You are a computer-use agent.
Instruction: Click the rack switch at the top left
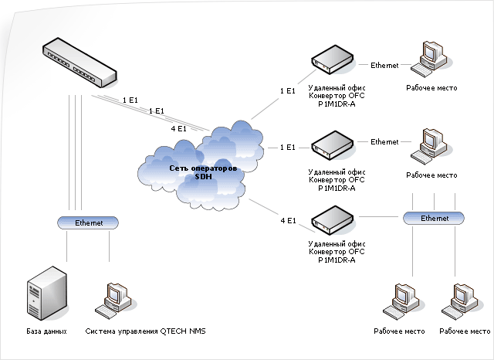[80, 63]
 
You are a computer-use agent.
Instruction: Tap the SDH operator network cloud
[201, 165]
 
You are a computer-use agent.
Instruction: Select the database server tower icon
[47, 294]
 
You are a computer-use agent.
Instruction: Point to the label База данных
[46, 331]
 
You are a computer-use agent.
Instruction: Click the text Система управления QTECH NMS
[145, 331]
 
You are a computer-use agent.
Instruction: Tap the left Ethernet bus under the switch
[88, 222]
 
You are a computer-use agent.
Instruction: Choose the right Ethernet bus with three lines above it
[434, 218]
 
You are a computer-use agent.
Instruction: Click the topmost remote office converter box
[333, 59]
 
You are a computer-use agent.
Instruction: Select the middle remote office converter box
[333, 145]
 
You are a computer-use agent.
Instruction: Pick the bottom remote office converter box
[333, 220]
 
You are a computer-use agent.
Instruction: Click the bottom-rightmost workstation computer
[460, 302]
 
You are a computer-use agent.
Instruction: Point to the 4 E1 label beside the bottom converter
[288, 221]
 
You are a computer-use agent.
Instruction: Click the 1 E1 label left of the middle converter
[288, 148]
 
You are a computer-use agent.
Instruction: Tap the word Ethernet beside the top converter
[384, 65]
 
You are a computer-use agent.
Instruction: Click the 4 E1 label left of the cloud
[178, 128]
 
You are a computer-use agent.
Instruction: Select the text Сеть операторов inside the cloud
[203, 168]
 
